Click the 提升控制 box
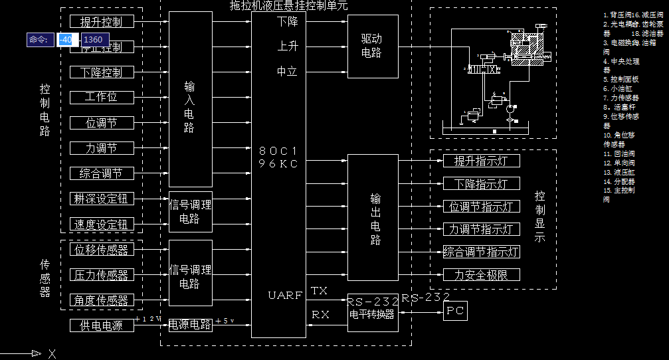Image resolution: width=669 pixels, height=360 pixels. pyautogui.click(x=101, y=22)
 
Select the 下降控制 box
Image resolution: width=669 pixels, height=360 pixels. pyautogui.click(x=101, y=72)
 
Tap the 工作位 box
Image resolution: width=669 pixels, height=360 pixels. pyautogui.click(x=101, y=97)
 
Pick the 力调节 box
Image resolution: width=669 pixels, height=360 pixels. pyautogui.click(x=101, y=147)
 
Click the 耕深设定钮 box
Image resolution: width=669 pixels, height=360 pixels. pyautogui.click(x=101, y=199)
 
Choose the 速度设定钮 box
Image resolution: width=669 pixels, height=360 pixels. pyautogui.click(x=101, y=224)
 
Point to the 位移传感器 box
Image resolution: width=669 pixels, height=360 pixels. pyautogui.click(x=101, y=250)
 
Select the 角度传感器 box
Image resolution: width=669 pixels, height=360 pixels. pyautogui.click(x=101, y=300)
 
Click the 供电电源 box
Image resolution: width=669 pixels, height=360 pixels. pyautogui.click(x=101, y=325)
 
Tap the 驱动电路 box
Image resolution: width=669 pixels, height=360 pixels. pyautogui.click(x=372, y=46)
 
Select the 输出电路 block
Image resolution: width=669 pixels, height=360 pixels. pyautogui.click(x=375, y=218)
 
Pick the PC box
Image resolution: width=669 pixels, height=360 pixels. pyautogui.click(x=456, y=310)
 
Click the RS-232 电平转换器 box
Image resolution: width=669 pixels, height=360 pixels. pyautogui.click(x=372, y=308)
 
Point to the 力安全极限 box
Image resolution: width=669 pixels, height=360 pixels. pyautogui.click(x=481, y=274)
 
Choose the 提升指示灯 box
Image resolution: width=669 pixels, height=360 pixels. pyautogui.click(x=481, y=161)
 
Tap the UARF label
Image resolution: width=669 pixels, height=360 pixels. pyautogui.click(x=285, y=294)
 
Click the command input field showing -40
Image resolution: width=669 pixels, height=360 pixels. pyautogui.click(x=66, y=40)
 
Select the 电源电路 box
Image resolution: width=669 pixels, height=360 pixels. pyautogui.click(x=190, y=325)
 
